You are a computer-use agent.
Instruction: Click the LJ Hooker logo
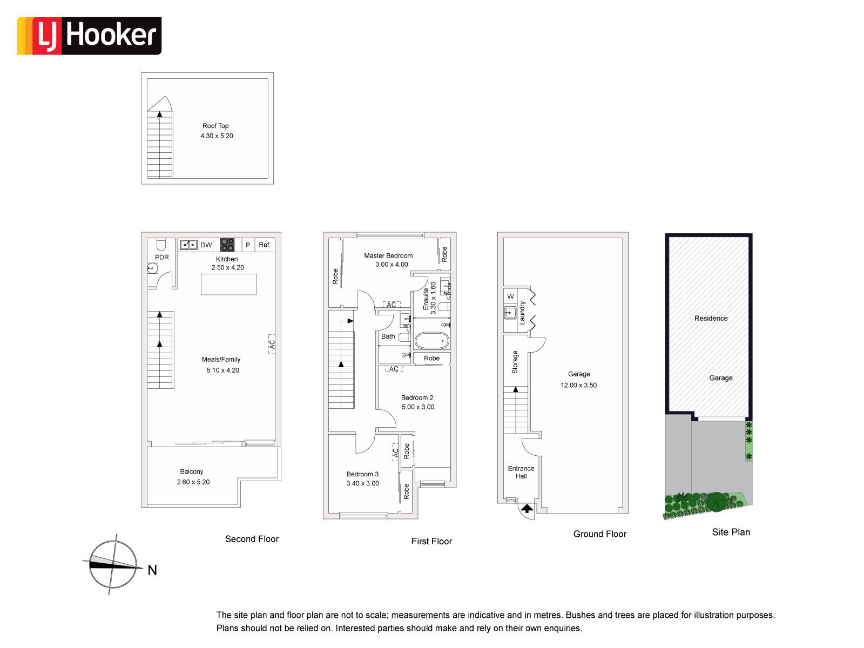89,36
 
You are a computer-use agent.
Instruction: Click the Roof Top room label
215,126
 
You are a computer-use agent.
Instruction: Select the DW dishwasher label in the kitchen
206,245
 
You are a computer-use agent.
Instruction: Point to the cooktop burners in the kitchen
227,245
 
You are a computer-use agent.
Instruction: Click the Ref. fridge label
265,245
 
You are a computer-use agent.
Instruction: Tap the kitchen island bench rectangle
228,284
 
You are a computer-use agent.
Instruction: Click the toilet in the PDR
160,244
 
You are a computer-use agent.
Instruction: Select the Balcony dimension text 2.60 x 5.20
193,482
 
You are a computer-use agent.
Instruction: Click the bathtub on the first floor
432,341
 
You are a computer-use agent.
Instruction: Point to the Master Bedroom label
388,256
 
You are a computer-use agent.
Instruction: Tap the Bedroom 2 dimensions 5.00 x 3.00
417,407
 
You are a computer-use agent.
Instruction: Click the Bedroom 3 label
362,474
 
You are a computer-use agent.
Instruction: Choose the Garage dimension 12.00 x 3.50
578,385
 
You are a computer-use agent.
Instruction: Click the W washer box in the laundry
510,296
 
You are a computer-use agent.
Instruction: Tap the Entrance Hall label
521,472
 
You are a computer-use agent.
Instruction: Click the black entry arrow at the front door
526,509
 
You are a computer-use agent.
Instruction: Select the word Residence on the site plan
711,318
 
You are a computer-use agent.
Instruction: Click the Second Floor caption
252,539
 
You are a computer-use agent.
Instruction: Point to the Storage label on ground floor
515,362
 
